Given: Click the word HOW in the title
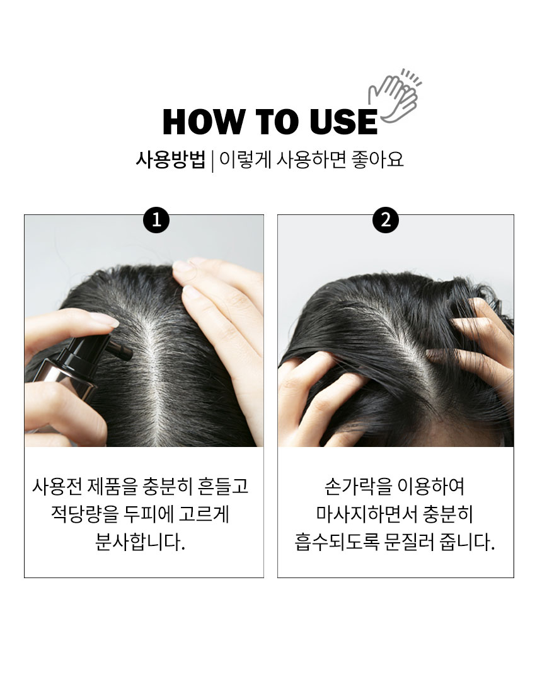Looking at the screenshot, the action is [204, 122].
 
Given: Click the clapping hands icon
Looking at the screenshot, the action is [395, 96].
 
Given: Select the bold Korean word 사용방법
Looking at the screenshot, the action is [171, 159].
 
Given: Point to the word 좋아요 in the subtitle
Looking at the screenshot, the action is [378, 159].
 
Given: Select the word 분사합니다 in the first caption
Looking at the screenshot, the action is [140, 542].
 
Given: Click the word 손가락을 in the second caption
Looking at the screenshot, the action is [357, 487].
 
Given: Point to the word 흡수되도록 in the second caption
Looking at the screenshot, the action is [337, 542].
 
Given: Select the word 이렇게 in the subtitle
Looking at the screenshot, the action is [245, 159].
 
